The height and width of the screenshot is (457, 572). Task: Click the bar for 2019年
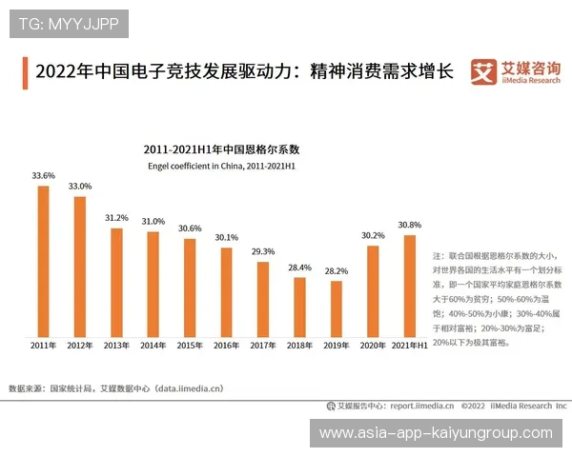pos(337,308)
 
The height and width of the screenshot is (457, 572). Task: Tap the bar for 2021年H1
pos(410,285)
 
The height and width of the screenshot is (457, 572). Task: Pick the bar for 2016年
pos(226,291)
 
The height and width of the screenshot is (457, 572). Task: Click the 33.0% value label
pos(79,186)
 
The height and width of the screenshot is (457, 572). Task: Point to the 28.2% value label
pos(337,270)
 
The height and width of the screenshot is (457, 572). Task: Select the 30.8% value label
pos(410,225)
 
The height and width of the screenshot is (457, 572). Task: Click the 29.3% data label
pos(263,251)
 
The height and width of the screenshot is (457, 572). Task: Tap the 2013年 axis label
pos(116,345)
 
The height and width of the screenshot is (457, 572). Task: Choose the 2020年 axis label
pos(373,345)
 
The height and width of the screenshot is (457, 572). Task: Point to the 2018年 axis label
pos(299,345)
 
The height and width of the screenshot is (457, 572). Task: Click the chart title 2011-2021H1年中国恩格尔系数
pos(221,149)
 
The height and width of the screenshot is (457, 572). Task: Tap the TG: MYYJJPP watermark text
pos(68,24)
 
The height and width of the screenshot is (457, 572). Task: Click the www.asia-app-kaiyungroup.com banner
pos(436,433)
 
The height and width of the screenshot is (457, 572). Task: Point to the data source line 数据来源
pos(115,388)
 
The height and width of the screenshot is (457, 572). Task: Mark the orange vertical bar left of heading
pos(24,72)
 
